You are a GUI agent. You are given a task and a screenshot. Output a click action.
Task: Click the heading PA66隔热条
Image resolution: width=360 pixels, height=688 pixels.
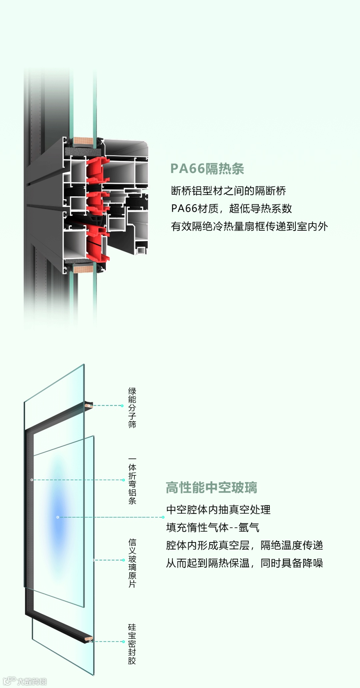207,169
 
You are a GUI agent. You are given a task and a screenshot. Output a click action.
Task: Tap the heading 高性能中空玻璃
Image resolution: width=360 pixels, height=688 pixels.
211,487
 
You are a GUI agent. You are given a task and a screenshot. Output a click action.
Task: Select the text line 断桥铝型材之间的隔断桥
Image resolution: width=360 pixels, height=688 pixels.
228,191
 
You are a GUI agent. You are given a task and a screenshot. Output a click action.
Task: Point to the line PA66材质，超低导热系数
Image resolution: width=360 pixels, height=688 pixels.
231,208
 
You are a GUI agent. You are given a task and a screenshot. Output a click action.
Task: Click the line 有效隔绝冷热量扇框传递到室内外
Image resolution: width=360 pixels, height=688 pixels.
249,226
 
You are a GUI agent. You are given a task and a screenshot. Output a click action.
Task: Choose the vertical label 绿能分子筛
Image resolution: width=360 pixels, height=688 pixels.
132,407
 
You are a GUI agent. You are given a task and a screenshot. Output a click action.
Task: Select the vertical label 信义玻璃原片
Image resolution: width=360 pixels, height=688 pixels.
132,563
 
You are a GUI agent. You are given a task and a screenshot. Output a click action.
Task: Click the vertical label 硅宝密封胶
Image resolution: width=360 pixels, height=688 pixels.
132,644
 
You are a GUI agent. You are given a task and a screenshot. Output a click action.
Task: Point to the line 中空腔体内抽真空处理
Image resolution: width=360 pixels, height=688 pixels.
218,509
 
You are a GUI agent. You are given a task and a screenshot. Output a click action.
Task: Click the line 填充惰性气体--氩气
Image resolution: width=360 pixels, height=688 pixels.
213,527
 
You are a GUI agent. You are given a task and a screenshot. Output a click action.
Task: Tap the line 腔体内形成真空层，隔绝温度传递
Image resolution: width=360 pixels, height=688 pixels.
244,545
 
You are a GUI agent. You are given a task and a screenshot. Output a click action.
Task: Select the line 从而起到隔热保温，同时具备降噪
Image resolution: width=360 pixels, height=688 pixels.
244,563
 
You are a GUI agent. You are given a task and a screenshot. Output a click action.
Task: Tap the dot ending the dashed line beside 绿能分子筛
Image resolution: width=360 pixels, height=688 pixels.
122,406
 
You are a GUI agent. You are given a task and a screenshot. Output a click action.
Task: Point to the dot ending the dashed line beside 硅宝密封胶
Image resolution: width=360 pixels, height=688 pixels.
123,641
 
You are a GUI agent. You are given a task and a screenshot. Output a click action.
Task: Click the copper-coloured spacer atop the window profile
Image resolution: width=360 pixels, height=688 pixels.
83,141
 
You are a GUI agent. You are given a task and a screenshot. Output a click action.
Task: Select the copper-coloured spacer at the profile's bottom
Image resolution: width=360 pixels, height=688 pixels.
83,269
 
